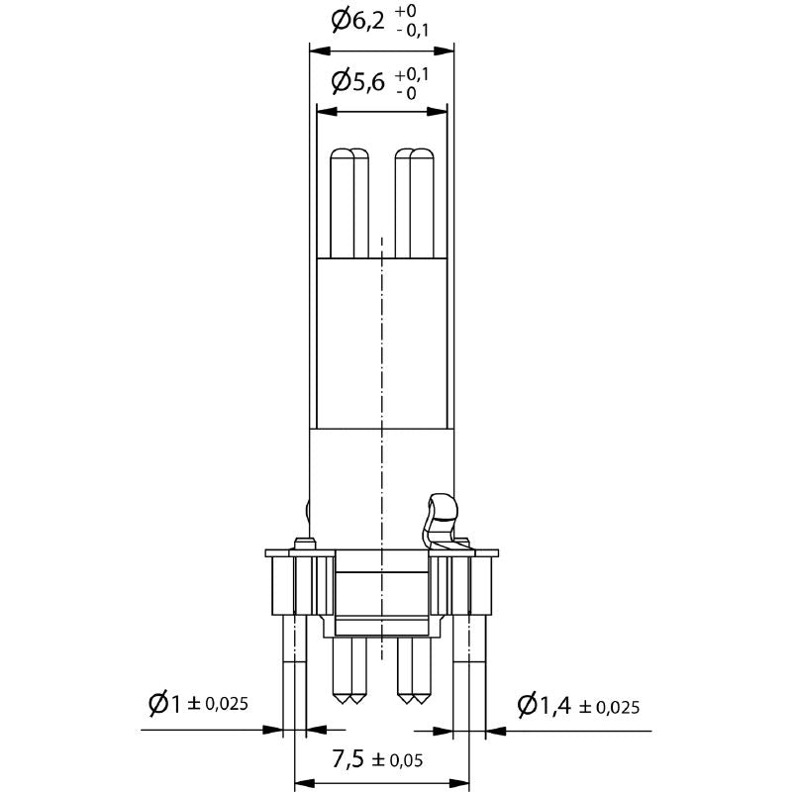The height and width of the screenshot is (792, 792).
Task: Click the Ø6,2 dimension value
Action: [x=356, y=19]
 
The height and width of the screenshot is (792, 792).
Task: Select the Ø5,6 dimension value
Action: [x=356, y=81]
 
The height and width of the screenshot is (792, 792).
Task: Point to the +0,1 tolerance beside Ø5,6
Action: [x=412, y=74]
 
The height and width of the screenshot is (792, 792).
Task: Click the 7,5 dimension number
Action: [x=347, y=759]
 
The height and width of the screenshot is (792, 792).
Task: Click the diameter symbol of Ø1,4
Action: [x=528, y=705]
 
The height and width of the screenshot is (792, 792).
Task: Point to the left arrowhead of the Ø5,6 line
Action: [x=322, y=112]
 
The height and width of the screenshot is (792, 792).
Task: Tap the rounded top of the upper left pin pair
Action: [x=348, y=154]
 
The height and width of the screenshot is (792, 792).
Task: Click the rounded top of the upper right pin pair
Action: [x=414, y=154]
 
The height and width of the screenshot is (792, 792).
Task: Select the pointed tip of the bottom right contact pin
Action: [x=413, y=701]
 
